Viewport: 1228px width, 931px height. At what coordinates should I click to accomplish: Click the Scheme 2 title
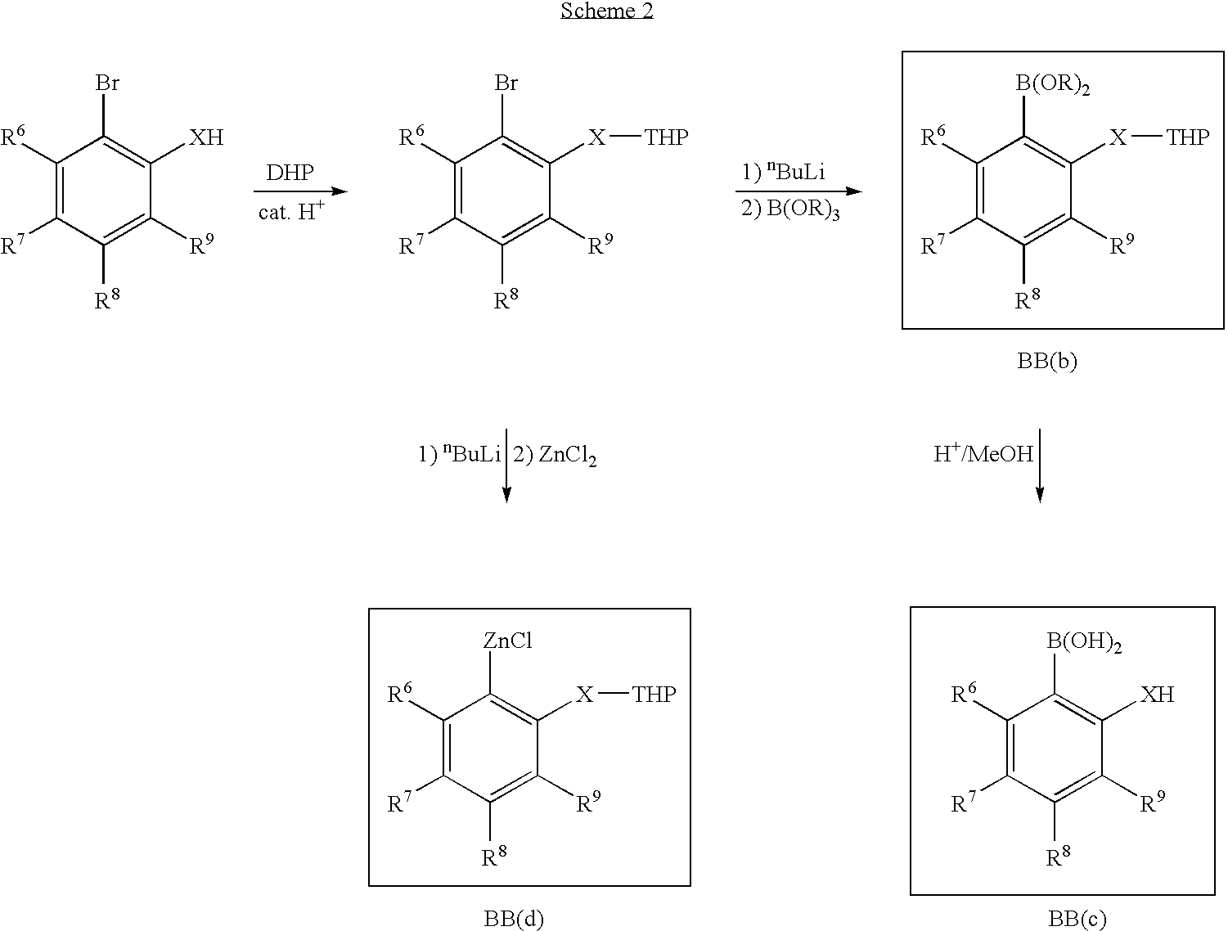click(x=607, y=11)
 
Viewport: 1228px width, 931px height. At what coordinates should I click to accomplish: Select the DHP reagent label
click(x=290, y=173)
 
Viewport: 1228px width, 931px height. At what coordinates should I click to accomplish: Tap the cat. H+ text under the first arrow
click(x=291, y=211)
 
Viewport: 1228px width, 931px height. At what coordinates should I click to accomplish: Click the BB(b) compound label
click(x=1046, y=362)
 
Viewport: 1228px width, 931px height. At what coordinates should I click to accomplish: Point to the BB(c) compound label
click(x=1077, y=919)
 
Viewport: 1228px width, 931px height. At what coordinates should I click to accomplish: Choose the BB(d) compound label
click(x=514, y=919)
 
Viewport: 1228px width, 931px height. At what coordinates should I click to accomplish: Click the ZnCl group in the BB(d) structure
click(x=507, y=640)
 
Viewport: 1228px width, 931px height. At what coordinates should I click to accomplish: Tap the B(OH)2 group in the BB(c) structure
click(x=1084, y=641)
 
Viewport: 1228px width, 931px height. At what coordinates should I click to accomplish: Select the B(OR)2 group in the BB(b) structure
click(x=1053, y=84)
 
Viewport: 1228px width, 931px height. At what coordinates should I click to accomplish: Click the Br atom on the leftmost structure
click(x=107, y=83)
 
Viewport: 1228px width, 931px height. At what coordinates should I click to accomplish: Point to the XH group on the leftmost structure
click(x=206, y=137)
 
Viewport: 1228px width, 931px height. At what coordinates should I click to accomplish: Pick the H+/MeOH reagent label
click(x=983, y=453)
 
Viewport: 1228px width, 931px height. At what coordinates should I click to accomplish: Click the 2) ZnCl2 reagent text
click(x=555, y=456)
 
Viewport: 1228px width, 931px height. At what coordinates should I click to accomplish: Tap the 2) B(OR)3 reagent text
click(x=790, y=209)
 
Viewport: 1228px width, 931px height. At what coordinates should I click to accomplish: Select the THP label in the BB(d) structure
click(x=654, y=695)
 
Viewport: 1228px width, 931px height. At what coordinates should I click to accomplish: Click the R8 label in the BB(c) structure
click(x=1058, y=856)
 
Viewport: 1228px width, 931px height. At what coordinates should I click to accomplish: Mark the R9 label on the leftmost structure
click(x=201, y=244)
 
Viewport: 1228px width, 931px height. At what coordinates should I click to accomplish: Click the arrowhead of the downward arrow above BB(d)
click(x=506, y=495)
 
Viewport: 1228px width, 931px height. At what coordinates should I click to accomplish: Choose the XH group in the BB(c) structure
click(x=1157, y=695)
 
